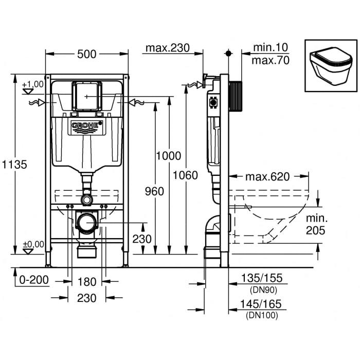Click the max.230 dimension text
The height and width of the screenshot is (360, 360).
pyautogui.click(x=167, y=48)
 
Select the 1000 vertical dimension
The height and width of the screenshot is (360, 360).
pyautogui.click(x=169, y=155)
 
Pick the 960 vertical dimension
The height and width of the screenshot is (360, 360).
pyautogui.click(x=154, y=191)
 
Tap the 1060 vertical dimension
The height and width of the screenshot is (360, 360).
pyautogui.click(x=186, y=175)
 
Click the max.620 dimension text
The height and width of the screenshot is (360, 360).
pyautogui.click(x=267, y=177)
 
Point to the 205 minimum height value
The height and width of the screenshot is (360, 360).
pyautogui.click(x=315, y=231)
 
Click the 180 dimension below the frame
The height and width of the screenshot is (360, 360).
pyautogui.click(x=87, y=281)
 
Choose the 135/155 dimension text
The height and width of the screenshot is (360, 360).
pyautogui.click(x=261, y=278)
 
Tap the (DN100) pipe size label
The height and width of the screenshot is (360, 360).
pyautogui.click(x=262, y=315)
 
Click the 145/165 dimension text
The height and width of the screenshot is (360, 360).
pyautogui.click(x=261, y=305)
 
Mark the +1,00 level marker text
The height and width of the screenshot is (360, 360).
pyautogui.click(x=33, y=84)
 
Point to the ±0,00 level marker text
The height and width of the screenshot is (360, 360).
pyautogui.click(x=33, y=244)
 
